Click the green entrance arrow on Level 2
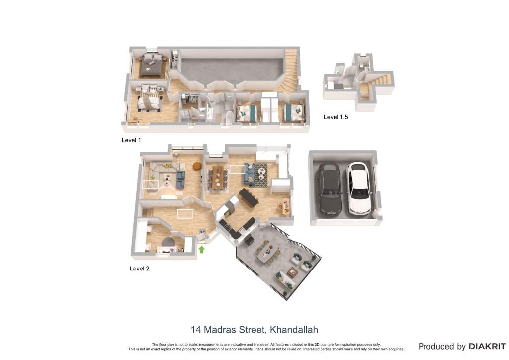(x=202, y=249)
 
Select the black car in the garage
(x=330, y=189)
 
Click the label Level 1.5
(x=336, y=117)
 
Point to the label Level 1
(x=131, y=140)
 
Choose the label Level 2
(x=139, y=269)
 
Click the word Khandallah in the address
(x=294, y=330)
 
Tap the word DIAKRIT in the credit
(x=487, y=347)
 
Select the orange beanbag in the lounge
(x=197, y=166)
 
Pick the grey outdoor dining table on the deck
(x=268, y=252)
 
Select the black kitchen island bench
(x=249, y=198)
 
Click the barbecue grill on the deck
(x=249, y=240)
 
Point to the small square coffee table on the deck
(x=292, y=272)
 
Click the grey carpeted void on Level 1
(x=232, y=69)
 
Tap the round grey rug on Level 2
(x=169, y=242)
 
